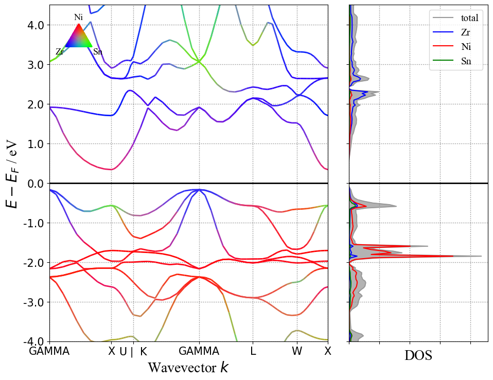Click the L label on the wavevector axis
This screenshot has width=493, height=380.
click(253, 352)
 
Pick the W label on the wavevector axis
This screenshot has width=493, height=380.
click(297, 352)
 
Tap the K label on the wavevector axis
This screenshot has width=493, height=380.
click(144, 352)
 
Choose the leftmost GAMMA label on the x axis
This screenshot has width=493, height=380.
click(49, 352)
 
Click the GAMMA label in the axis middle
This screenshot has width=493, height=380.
click(199, 352)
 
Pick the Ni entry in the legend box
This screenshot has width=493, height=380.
click(466, 48)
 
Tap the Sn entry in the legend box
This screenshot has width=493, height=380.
click(466, 63)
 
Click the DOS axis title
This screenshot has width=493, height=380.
click(418, 356)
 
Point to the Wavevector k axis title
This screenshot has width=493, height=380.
click(188, 368)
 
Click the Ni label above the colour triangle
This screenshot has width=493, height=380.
click(78, 17)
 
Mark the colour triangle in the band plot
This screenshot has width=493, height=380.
click(78, 37)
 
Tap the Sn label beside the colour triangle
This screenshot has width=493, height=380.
click(98, 52)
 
